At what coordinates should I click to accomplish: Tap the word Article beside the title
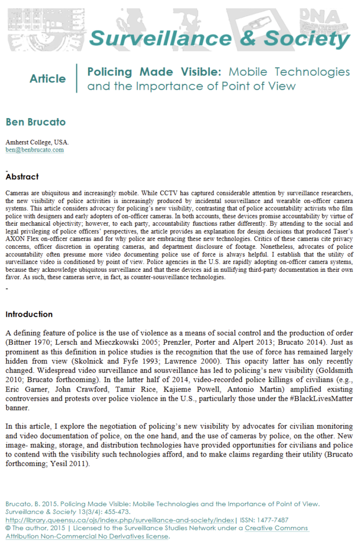[x=48, y=79]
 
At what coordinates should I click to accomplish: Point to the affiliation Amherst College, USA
[x=37, y=142]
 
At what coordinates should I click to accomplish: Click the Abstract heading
[x=22, y=176]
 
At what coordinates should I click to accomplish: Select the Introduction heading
[x=29, y=314]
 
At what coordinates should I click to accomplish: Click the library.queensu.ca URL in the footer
[x=120, y=520]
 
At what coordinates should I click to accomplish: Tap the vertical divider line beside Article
[x=77, y=78]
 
